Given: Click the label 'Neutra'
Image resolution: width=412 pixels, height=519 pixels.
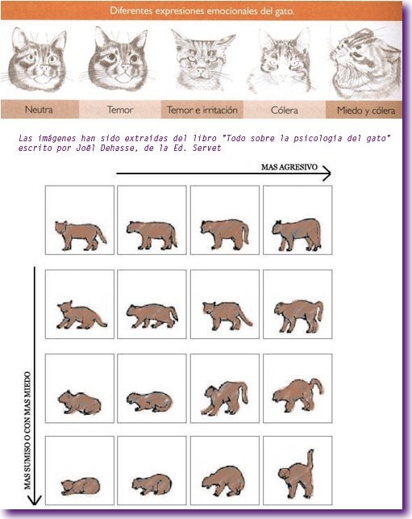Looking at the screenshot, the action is (39, 109).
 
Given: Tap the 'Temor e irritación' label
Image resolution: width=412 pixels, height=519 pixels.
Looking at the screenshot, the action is (202, 110).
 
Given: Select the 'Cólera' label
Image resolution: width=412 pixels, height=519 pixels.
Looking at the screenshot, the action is (284, 110).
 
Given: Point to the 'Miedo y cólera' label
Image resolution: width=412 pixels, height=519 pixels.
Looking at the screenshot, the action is (366, 111).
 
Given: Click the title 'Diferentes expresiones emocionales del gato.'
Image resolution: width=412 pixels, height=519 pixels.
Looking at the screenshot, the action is (202, 10).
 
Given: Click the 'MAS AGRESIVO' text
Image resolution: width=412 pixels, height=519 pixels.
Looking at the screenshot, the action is (289, 167).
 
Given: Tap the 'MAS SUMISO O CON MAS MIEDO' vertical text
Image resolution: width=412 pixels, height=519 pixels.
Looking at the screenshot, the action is (27, 430).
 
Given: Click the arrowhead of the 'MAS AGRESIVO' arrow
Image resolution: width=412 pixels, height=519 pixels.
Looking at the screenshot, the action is (327, 173).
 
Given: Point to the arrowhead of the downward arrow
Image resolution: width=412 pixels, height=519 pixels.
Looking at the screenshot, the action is (35, 500).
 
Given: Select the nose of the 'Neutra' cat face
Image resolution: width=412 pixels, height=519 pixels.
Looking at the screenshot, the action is (44, 68).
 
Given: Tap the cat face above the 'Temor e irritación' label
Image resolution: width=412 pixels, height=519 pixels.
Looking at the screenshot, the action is (202, 61).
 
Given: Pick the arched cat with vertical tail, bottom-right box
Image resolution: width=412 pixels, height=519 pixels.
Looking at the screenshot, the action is (296, 474).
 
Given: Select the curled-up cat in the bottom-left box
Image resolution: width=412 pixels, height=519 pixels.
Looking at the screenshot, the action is (81, 487).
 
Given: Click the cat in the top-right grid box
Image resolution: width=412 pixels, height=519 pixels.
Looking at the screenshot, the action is (297, 234).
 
